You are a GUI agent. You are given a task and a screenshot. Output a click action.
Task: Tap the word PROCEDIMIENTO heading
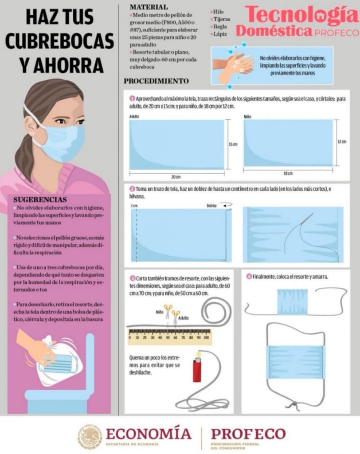tap(157, 81)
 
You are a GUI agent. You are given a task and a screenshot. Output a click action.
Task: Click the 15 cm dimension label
tap(233, 144)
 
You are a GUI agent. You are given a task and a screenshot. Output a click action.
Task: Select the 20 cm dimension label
tap(176, 176)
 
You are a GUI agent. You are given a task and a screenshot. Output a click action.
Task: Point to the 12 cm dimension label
tap(342, 141)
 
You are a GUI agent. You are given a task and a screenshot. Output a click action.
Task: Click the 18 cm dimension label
tap(288, 173)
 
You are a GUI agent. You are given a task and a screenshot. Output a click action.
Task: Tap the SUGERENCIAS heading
tap(40, 200)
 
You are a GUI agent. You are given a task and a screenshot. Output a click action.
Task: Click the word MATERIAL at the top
tap(149, 7)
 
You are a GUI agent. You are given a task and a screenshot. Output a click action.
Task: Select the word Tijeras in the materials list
tap(222, 19)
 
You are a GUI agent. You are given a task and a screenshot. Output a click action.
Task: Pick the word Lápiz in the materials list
tap(220, 34)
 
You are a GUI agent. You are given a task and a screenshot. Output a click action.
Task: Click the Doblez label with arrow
tap(219, 205)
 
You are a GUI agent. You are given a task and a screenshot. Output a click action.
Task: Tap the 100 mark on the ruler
tap(206, 337)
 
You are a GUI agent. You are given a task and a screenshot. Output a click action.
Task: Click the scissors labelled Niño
tap(168, 311)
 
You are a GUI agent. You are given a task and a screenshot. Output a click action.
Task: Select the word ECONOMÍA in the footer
tap(149, 434)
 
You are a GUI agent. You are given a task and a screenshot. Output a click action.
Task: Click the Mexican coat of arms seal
tap(90, 437)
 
